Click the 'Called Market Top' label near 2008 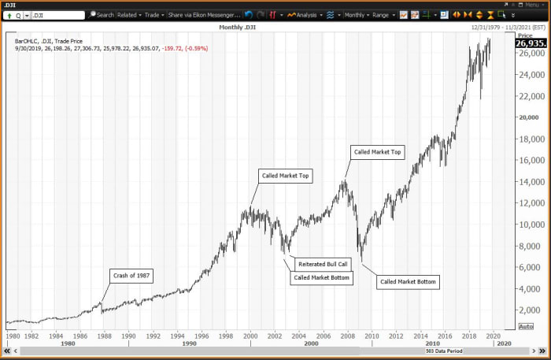378,152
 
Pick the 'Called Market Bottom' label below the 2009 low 408,281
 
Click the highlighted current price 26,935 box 531,43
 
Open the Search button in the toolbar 102,15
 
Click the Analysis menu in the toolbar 303,15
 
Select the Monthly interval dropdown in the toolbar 356,15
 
